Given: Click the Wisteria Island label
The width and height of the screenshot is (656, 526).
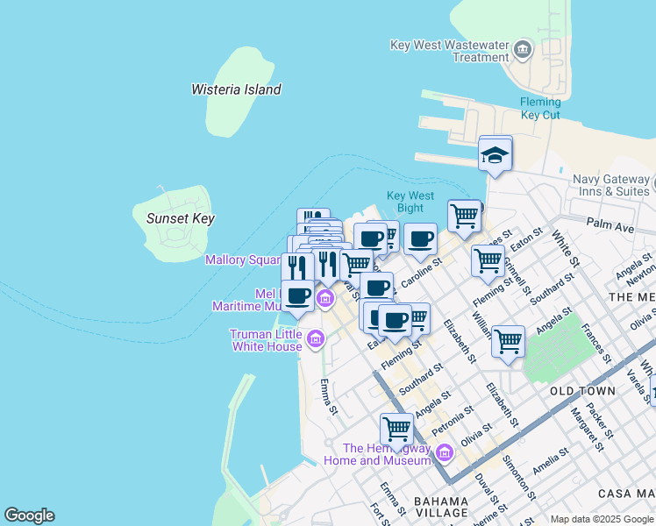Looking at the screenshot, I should (236, 89).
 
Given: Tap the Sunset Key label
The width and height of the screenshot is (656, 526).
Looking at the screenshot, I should (181, 218).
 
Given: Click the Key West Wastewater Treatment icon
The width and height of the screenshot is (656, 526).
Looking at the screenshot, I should (522, 49).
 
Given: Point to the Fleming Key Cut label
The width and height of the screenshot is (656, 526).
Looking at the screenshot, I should (539, 108).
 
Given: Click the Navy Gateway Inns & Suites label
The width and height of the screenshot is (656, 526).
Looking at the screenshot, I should (610, 185).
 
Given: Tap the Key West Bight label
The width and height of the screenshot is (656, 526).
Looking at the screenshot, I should (410, 202).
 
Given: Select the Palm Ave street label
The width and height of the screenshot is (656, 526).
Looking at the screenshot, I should (610, 227).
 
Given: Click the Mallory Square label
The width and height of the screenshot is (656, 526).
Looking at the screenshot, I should (242, 259).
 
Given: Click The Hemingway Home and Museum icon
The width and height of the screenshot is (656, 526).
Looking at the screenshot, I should (444, 452).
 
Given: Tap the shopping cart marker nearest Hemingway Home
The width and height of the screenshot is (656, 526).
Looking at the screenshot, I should (396, 430).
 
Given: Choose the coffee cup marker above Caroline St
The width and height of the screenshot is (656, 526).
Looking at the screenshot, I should (420, 238).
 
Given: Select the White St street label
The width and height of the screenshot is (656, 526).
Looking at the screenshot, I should (566, 249).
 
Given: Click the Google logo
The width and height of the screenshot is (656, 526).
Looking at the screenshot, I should (29, 515).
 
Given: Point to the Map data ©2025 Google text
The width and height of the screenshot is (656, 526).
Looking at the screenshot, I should (601, 519).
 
